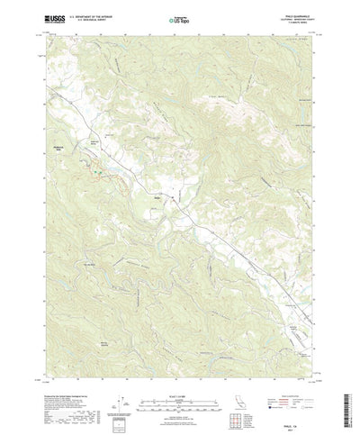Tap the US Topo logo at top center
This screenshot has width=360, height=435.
[179, 17]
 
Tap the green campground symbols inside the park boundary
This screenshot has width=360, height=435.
[91, 163]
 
